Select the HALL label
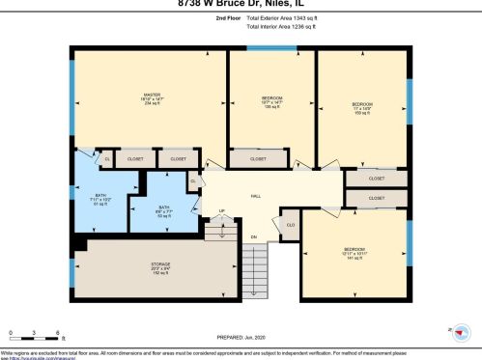256,196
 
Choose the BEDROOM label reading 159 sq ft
361,107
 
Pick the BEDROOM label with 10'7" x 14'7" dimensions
271,101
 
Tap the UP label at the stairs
221,211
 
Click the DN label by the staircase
253,236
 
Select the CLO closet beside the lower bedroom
291,226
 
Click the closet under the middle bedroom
258,158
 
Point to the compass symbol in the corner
464,331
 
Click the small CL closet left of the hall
194,180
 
